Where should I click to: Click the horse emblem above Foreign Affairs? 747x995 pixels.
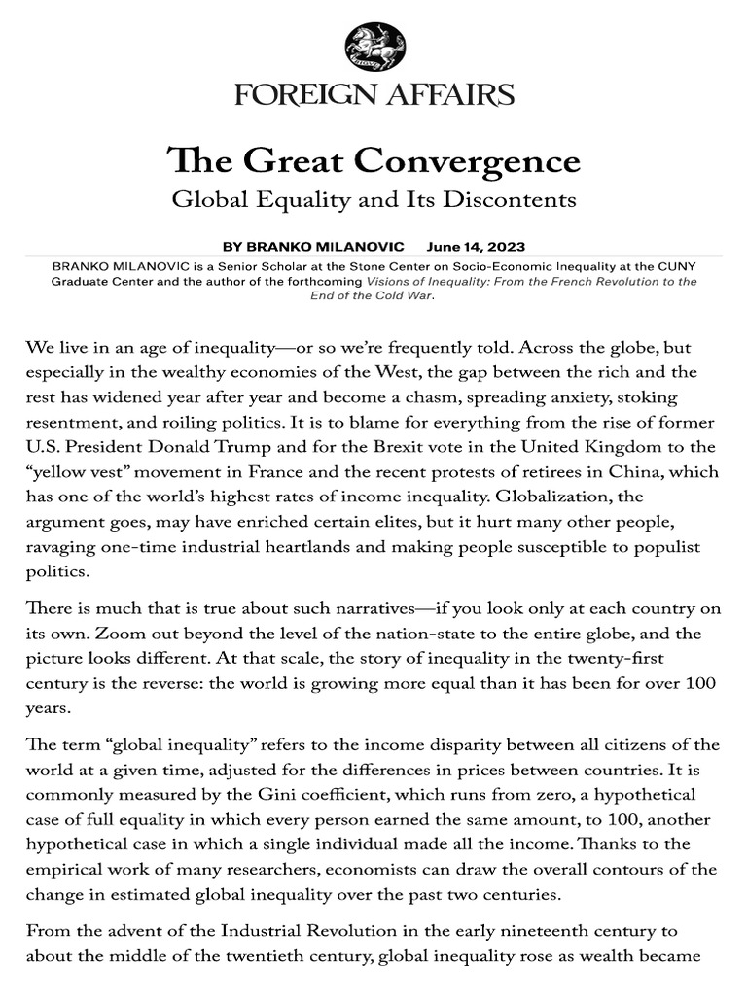[x=373, y=48]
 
